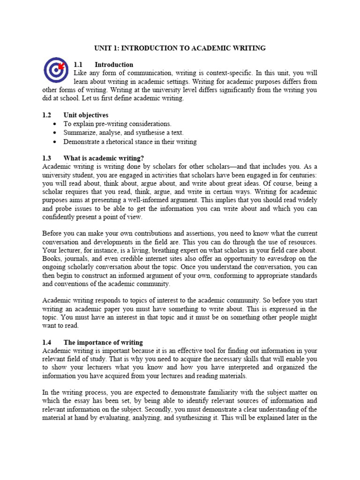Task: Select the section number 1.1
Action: tap(78, 65)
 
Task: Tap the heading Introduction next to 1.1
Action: tap(114, 65)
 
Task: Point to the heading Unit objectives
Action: tap(86, 115)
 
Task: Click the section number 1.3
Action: tap(46, 158)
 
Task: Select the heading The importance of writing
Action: tap(103, 343)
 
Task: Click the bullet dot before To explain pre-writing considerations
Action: tap(55, 124)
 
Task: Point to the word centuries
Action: tap(301, 175)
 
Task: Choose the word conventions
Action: tap(64, 284)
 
